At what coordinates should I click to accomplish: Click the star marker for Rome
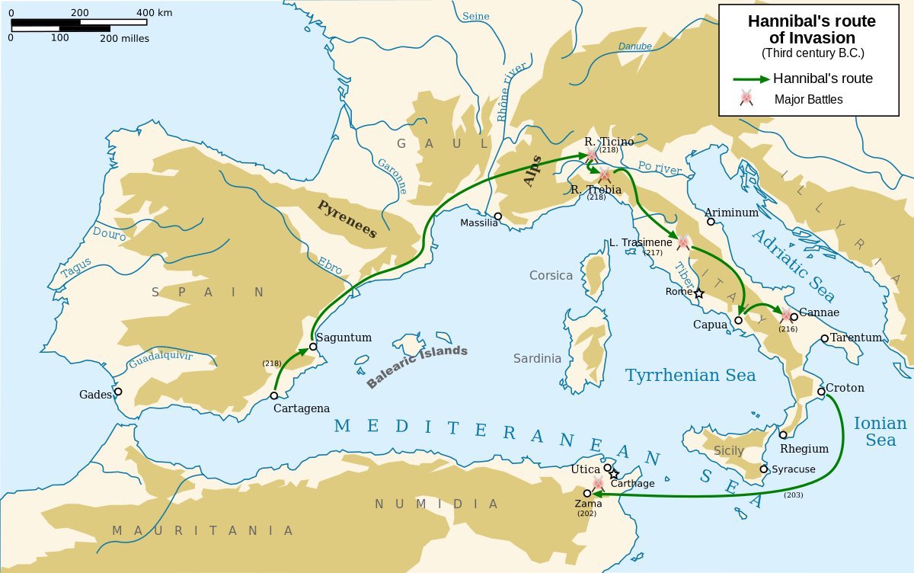pyautogui.click(x=699, y=293)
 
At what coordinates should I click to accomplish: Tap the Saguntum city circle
pyautogui.click(x=312, y=346)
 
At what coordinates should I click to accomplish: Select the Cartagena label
pyautogui.click(x=302, y=408)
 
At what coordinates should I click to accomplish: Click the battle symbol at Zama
pyautogui.click(x=598, y=483)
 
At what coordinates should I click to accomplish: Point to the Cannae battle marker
pyautogui.click(x=786, y=315)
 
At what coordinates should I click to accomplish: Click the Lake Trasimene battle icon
pyautogui.click(x=683, y=242)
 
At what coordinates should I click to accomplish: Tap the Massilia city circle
pyautogui.click(x=497, y=216)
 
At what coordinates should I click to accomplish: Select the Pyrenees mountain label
pyautogui.click(x=347, y=219)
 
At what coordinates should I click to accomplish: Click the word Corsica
pyautogui.click(x=551, y=275)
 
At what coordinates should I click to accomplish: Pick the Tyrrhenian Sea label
pyautogui.click(x=690, y=375)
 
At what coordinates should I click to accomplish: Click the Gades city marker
pyautogui.click(x=118, y=392)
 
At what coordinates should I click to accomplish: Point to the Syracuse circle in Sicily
pyautogui.click(x=764, y=469)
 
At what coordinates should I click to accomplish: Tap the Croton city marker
pyautogui.click(x=821, y=392)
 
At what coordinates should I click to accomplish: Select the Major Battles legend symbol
pyautogui.click(x=746, y=98)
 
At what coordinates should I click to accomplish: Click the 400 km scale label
pyautogui.click(x=155, y=13)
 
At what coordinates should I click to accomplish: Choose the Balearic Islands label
pyautogui.click(x=417, y=367)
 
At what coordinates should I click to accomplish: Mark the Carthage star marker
pyautogui.click(x=614, y=474)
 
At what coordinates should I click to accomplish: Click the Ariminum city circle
pyautogui.click(x=710, y=222)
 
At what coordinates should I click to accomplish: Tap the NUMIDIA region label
pyautogui.click(x=436, y=504)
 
